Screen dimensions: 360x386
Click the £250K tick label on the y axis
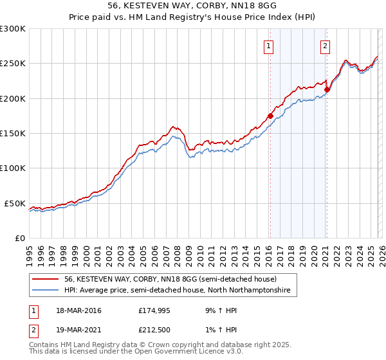(x=13, y=64)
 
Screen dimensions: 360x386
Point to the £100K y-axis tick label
(x=13, y=168)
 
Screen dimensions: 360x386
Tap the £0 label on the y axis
(x=19, y=238)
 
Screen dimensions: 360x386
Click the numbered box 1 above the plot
(x=268, y=46)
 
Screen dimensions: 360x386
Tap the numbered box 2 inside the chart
(x=326, y=46)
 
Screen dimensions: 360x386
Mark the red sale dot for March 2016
(x=270, y=116)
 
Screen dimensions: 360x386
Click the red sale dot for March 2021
(x=327, y=89)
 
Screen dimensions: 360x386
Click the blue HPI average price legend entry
(x=178, y=291)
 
